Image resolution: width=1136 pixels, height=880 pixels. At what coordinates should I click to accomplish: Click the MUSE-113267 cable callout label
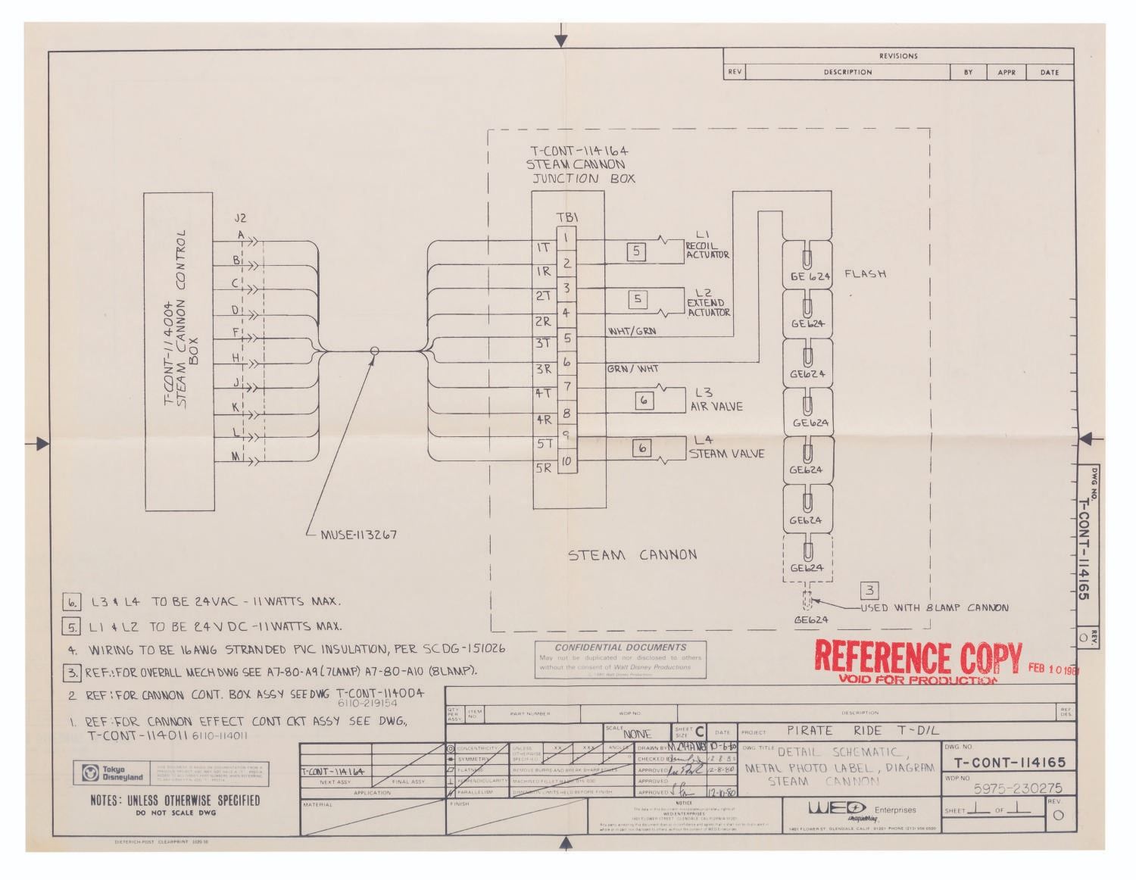(x=359, y=535)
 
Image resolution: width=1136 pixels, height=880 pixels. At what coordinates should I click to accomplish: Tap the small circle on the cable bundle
(x=374, y=351)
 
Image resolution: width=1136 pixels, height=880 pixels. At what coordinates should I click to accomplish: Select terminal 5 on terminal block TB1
(x=567, y=338)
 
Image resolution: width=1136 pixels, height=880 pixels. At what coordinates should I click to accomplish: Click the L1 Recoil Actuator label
(x=707, y=245)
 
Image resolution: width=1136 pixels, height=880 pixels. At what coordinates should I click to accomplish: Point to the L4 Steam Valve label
(x=726, y=448)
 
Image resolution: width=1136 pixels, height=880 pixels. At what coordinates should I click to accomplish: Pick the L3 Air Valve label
(x=716, y=400)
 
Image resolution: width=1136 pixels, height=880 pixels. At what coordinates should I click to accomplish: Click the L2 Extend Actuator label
(x=708, y=302)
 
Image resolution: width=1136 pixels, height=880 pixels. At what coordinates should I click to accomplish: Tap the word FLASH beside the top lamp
(x=865, y=273)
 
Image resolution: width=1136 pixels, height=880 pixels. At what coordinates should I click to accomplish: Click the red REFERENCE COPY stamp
(x=917, y=659)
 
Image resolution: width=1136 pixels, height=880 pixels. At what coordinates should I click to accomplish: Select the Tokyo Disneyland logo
(x=112, y=773)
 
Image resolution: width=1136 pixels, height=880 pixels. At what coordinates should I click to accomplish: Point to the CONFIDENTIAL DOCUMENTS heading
(x=620, y=648)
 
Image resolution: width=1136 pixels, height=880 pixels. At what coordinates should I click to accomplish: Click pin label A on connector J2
(x=242, y=235)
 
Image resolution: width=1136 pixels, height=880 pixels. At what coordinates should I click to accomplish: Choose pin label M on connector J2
(x=236, y=457)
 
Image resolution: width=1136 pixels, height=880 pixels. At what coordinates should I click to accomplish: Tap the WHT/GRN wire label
(x=632, y=331)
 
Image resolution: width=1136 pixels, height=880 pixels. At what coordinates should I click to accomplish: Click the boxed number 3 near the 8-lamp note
(x=870, y=590)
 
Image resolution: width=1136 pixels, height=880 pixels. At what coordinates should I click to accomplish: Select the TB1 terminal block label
(x=567, y=217)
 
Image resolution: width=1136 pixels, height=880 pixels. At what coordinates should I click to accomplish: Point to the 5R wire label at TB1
(x=544, y=467)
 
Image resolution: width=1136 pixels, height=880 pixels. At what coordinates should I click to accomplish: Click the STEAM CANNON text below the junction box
(x=632, y=554)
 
